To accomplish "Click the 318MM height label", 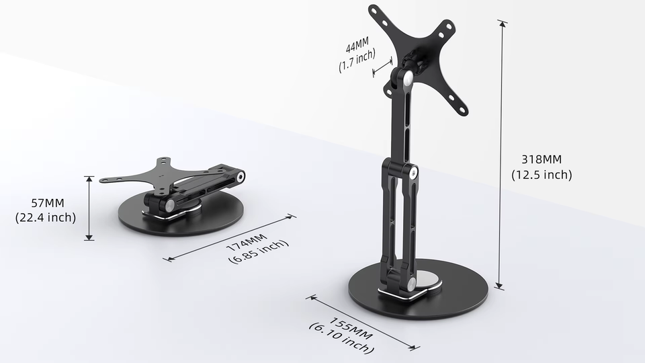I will coord(542,160).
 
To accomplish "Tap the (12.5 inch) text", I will coord(542,175).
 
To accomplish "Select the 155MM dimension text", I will coord(350,325).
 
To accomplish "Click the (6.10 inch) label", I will coord(341,338).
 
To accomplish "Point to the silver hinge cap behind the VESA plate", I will coord(407,78).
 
